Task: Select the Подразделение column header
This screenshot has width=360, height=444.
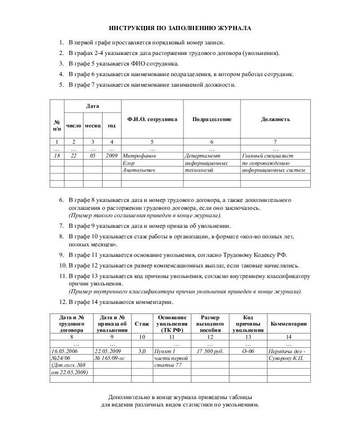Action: (x=211, y=119)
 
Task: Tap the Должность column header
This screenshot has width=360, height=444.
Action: (x=275, y=119)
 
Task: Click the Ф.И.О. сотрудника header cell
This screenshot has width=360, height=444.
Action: (x=152, y=119)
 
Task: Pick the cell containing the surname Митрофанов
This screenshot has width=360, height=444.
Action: (x=140, y=156)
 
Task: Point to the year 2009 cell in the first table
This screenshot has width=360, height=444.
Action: (x=112, y=156)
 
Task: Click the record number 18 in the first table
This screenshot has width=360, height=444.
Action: (x=57, y=156)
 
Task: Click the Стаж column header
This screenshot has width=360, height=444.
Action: (x=142, y=323)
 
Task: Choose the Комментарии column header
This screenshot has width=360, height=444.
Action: (x=289, y=323)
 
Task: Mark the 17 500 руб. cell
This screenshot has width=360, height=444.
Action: (x=210, y=351)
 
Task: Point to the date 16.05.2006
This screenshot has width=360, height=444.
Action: (x=66, y=351)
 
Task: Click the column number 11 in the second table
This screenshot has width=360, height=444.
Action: (x=171, y=337)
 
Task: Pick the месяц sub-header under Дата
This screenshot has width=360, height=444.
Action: (x=93, y=126)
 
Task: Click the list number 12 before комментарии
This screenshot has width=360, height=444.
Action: (x=62, y=302)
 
